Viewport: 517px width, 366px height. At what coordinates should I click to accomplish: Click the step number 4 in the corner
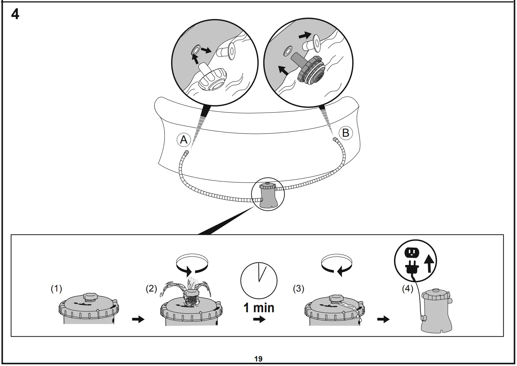(x=15, y=14)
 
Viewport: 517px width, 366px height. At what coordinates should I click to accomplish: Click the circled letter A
(x=184, y=140)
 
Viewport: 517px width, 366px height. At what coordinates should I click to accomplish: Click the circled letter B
(x=346, y=133)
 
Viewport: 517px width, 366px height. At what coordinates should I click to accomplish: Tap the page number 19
(x=258, y=359)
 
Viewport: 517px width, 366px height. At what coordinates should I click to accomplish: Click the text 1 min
(x=259, y=308)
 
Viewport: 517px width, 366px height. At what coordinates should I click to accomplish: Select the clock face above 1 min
(x=259, y=281)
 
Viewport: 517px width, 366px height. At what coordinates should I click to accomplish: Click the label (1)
(x=56, y=288)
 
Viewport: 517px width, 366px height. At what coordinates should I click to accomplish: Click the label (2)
(x=151, y=288)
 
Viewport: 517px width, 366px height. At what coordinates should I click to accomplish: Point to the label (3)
(x=298, y=288)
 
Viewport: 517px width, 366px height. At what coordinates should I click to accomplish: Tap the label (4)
(x=408, y=288)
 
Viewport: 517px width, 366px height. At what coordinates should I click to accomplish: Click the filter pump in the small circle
(x=267, y=195)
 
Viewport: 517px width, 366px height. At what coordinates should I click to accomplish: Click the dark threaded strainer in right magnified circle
(x=311, y=71)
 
